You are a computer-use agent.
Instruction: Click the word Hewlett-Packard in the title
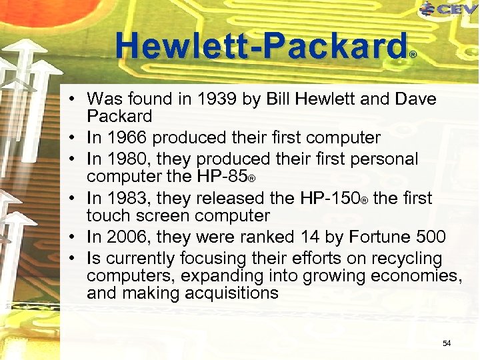(x=261, y=47)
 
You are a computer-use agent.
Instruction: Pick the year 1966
(x=125, y=138)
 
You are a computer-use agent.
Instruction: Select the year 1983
(x=125, y=199)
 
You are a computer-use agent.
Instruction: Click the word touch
(x=107, y=216)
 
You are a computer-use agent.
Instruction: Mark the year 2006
(x=125, y=237)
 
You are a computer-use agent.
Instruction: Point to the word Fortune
(x=373, y=237)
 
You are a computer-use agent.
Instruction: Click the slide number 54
(x=447, y=343)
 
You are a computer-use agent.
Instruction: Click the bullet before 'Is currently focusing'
(x=77, y=259)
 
